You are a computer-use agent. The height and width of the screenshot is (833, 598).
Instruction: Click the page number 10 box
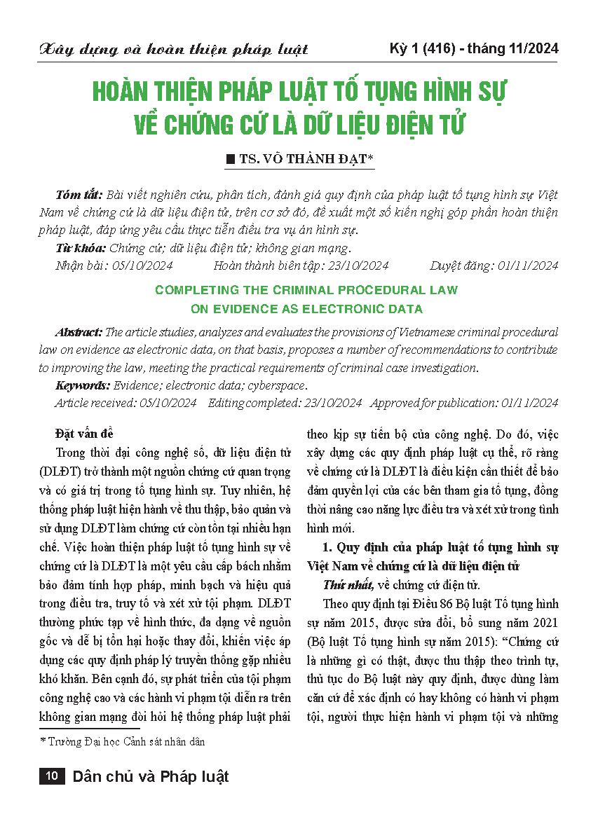(50, 776)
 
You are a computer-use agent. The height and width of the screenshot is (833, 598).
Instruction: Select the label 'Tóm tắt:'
(78, 194)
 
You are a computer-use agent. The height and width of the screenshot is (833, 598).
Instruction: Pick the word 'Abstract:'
(79, 332)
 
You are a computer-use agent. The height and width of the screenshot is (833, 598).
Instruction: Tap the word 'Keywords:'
(82, 385)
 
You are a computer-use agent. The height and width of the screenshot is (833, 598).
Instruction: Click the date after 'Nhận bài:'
(140, 266)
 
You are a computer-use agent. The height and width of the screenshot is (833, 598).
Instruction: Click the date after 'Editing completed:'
(329, 403)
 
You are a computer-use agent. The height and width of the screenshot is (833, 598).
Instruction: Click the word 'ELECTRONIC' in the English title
(339, 308)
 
